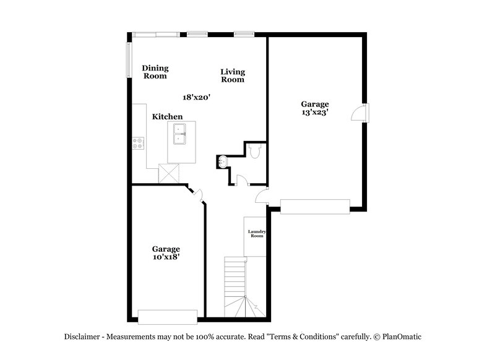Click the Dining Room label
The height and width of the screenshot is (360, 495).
155,72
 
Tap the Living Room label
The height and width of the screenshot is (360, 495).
233,75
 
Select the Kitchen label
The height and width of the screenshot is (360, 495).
168,116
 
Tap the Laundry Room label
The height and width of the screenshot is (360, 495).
257,234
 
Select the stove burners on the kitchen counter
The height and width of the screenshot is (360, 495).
138,143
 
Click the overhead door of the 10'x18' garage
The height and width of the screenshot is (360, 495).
168,317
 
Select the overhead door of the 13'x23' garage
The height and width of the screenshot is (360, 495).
316,206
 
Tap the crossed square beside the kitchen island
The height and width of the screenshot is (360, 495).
169,173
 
